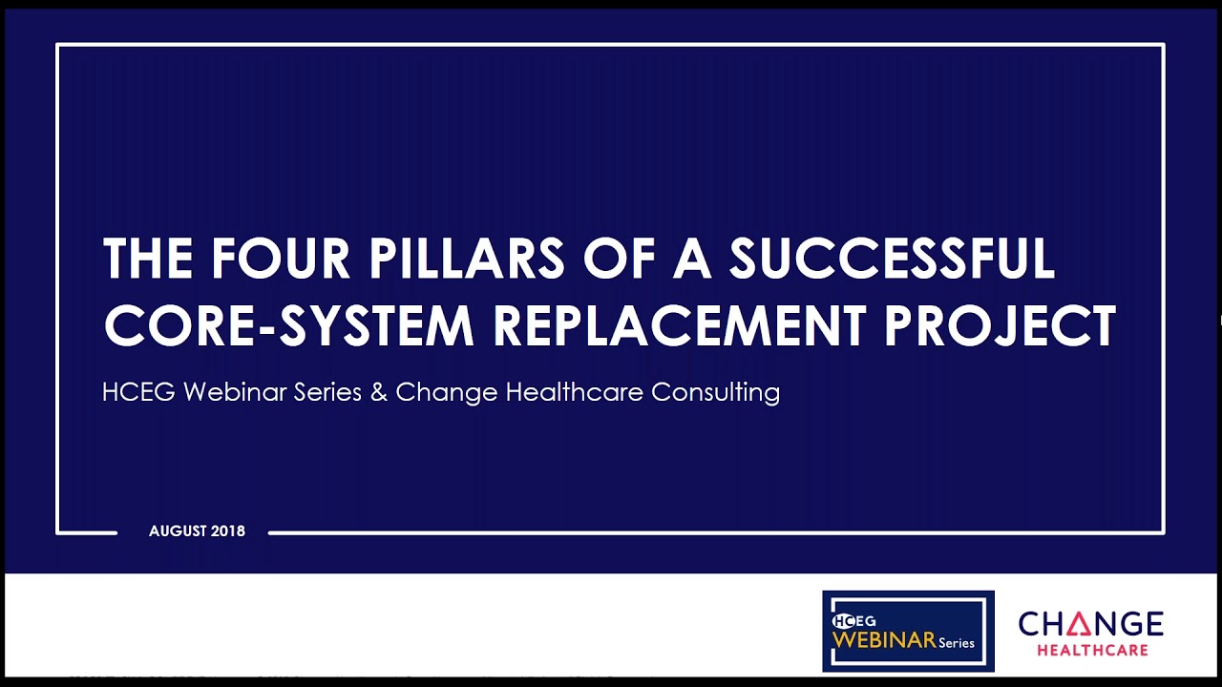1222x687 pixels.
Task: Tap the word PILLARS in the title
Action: [x=467, y=259]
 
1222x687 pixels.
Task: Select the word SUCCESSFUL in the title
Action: [x=892, y=259]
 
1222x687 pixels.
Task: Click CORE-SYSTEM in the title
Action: [x=289, y=325]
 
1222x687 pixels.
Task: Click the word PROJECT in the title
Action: [x=1000, y=325]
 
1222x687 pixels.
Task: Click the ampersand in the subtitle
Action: [x=379, y=392]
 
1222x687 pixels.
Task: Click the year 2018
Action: [x=229, y=531]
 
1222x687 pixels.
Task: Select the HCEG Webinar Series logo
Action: [x=908, y=631]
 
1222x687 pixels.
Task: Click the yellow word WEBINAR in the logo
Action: [x=883, y=640]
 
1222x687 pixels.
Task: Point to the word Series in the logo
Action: [x=956, y=643]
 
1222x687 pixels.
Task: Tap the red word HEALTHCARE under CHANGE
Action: [x=1092, y=651]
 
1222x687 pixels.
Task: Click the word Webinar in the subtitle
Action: [x=225, y=392]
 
